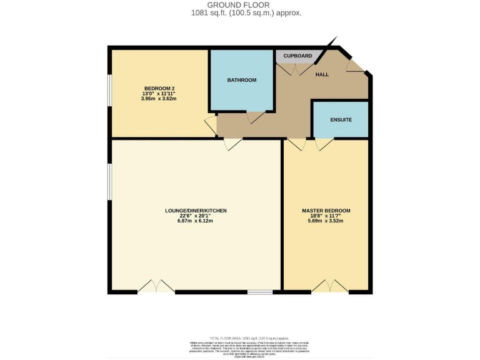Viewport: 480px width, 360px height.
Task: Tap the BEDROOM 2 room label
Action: [x=159, y=88]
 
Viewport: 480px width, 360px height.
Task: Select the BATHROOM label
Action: [x=242, y=80]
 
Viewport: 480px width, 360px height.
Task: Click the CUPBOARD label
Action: [x=297, y=56]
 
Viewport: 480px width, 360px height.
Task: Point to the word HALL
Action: [x=322, y=74]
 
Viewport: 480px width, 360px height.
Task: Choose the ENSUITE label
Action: [x=341, y=119]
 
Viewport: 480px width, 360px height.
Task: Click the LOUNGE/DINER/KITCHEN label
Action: [x=195, y=211]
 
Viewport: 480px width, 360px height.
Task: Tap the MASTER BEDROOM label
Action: [x=326, y=211]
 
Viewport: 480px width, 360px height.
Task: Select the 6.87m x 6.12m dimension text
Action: [x=195, y=221]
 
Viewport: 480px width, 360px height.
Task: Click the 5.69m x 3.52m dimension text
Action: [x=326, y=221]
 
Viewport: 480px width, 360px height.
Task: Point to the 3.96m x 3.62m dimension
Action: [x=159, y=99]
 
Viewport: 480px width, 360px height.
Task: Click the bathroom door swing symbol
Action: [x=256, y=117]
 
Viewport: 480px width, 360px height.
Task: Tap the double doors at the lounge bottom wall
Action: [x=156, y=287]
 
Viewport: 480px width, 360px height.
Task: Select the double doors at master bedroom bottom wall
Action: [x=330, y=286]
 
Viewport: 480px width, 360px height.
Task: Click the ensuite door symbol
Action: [x=324, y=144]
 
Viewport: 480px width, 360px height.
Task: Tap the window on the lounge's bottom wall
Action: [x=260, y=292]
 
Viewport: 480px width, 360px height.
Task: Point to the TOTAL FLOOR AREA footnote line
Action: [x=239, y=337]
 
